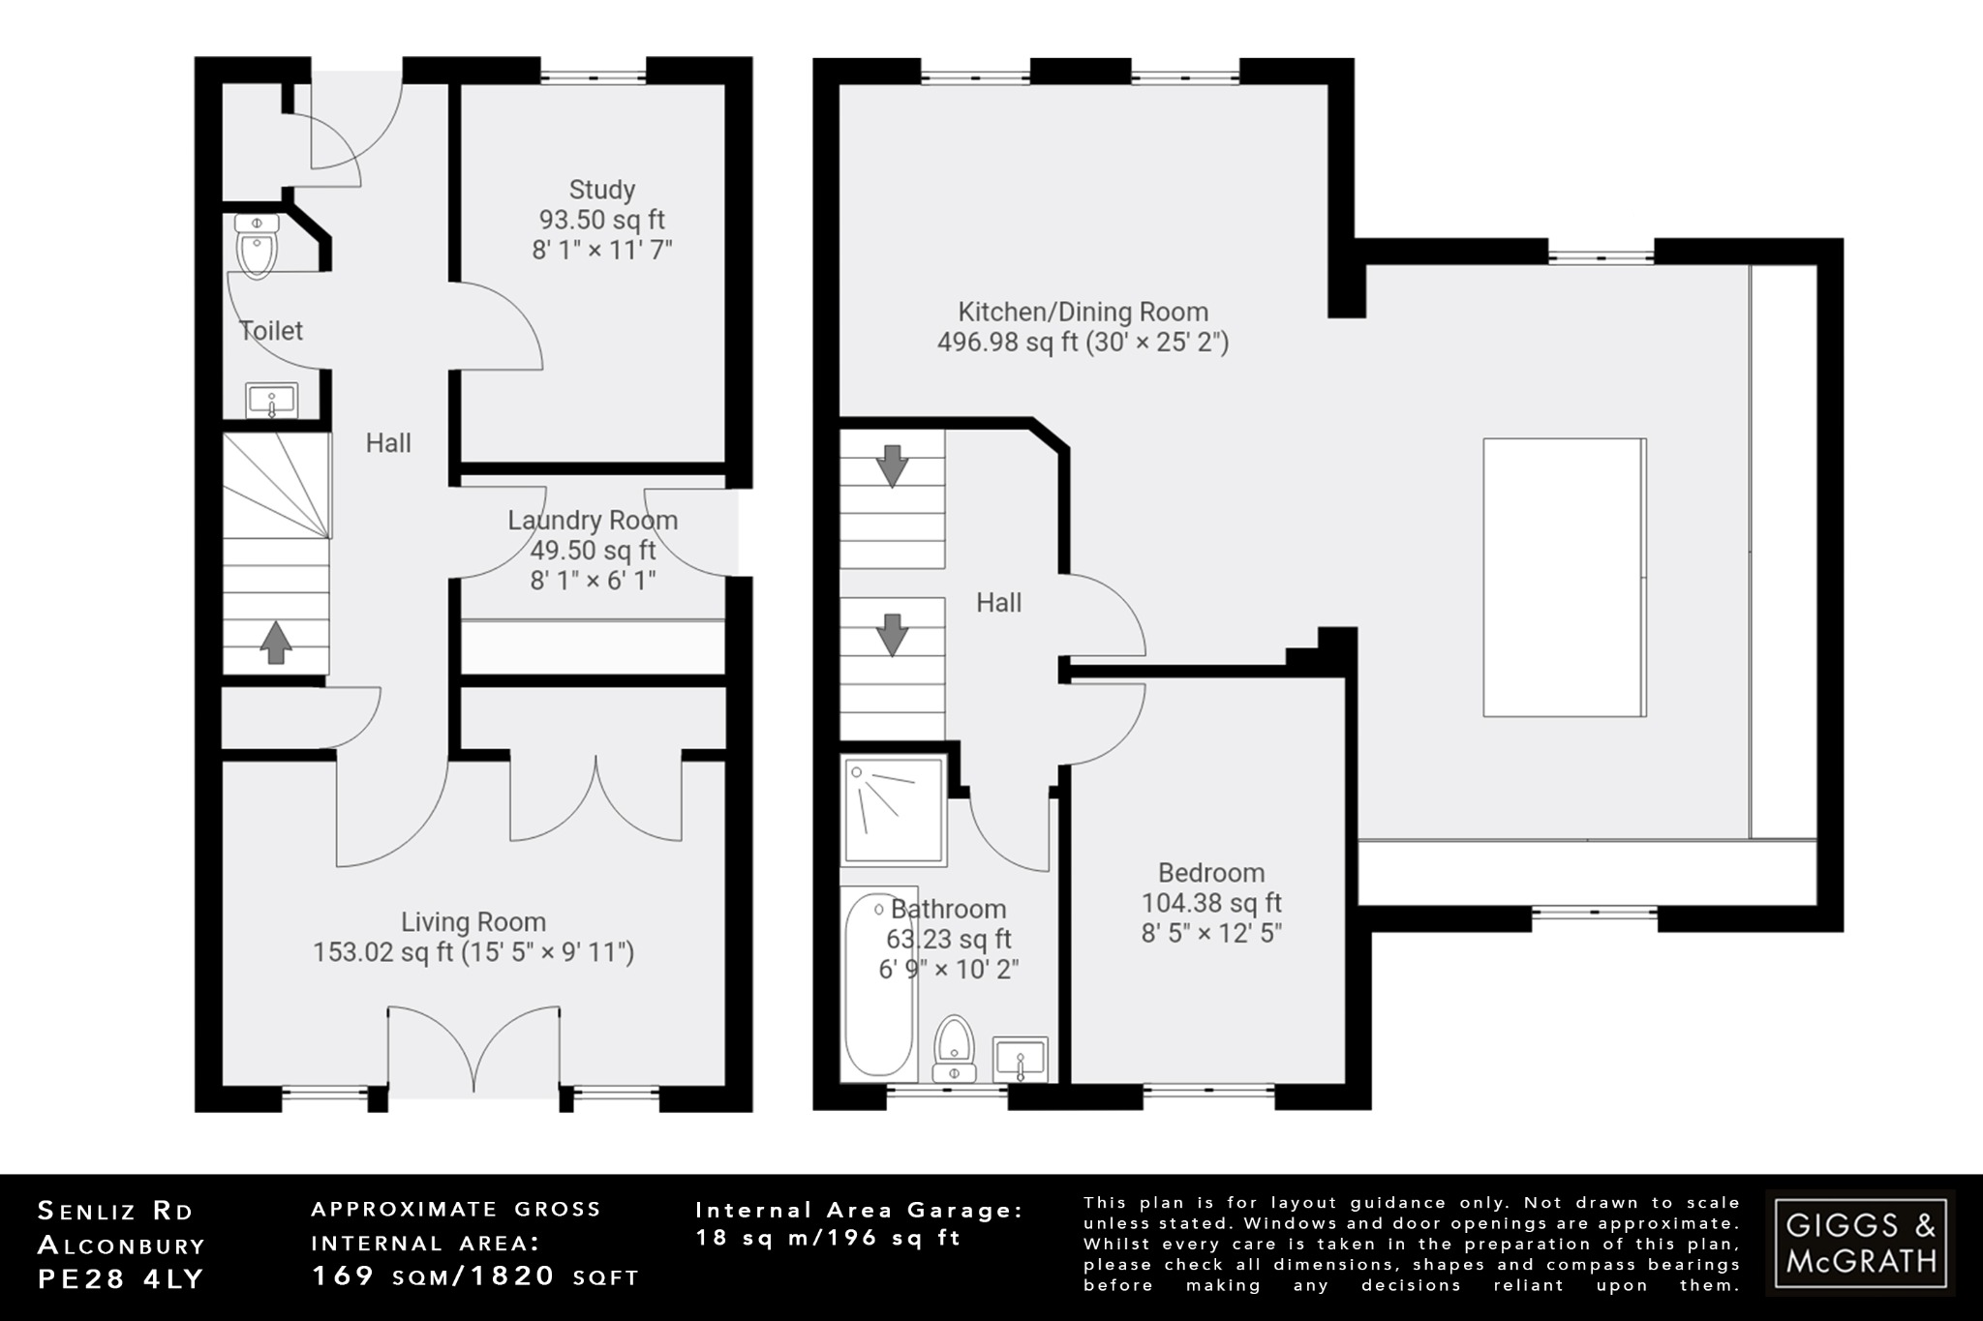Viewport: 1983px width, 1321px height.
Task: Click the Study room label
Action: pos(601,190)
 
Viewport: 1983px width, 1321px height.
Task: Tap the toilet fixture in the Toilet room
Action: pos(257,247)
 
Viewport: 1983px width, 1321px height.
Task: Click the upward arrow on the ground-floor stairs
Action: pos(276,643)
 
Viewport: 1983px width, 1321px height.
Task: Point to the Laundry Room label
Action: pos(593,521)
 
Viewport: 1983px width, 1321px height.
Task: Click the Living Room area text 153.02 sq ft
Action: pos(382,952)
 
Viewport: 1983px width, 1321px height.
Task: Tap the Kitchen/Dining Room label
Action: pos(1083,313)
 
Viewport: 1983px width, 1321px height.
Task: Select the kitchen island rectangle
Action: pos(1564,578)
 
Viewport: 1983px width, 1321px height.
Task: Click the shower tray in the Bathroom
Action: pos(893,811)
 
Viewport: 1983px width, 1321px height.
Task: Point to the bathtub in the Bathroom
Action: pos(878,985)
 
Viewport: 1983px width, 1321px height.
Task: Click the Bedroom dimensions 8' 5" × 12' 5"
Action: pos(1211,934)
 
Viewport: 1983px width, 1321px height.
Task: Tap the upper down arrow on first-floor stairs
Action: pos(892,465)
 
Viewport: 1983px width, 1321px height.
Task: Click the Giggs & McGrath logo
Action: pos(1860,1244)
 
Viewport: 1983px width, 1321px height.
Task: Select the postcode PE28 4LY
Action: pos(121,1279)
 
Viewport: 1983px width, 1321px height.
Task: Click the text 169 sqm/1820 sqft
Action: pos(474,1276)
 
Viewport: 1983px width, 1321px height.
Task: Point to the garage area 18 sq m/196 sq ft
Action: pos(829,1238)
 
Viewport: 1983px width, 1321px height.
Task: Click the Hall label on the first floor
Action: pos(998,603)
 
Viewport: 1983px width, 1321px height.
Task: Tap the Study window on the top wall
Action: pos(593,72)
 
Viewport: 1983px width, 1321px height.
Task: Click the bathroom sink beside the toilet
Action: pos(1020,1059)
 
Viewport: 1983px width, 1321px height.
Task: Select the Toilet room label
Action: pos(271,331)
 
